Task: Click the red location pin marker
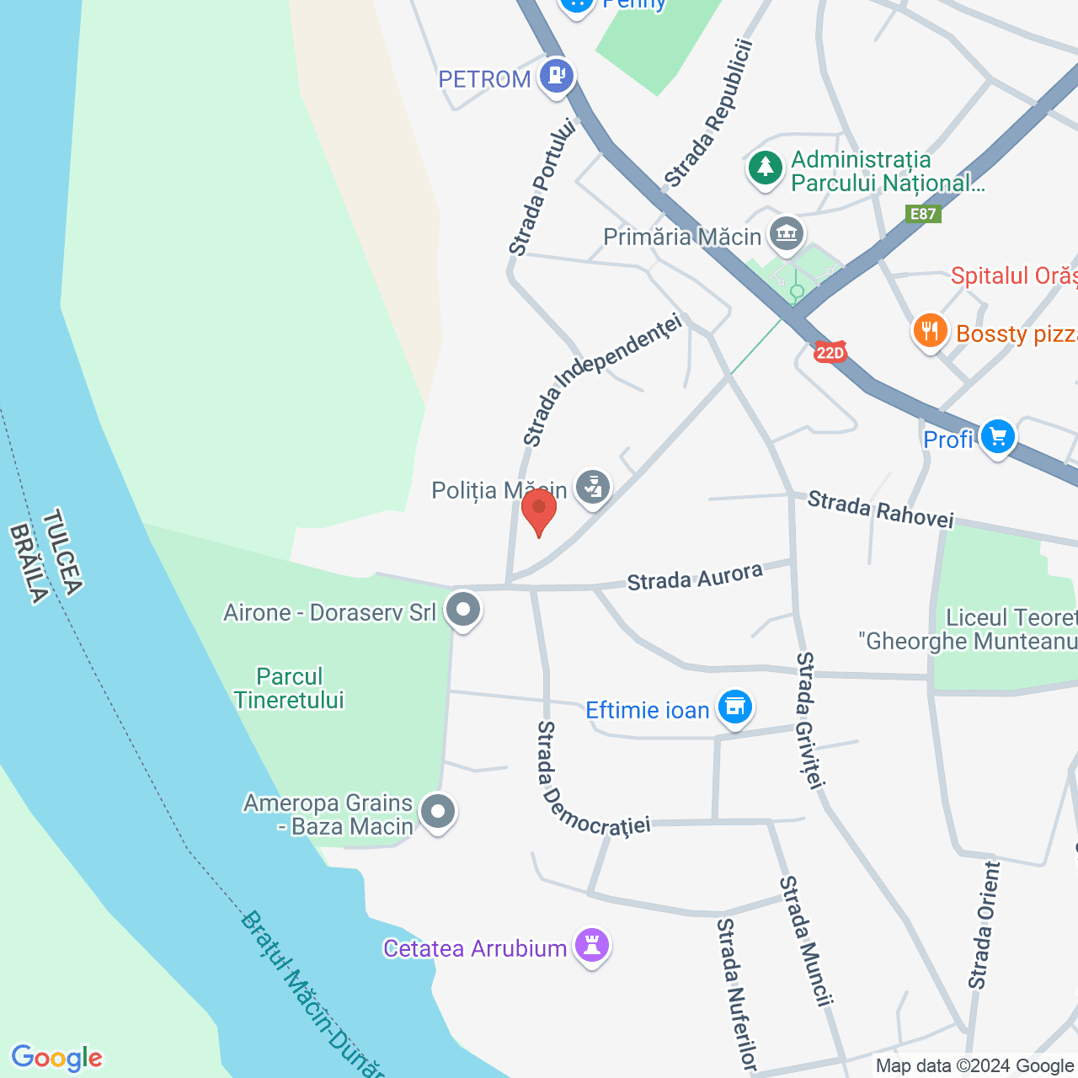[539, 510]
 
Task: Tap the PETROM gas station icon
[556, 76]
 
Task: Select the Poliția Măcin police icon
[593, 488]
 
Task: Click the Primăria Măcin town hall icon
[787, 233]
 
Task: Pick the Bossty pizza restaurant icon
[930, 331]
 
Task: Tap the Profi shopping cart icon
[998, 437]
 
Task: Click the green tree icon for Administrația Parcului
[765, 167]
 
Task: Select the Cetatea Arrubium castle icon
[592, 945]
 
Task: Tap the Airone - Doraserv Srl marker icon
[462, 609]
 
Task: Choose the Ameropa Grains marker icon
[437, 812]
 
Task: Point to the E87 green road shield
[923, 214]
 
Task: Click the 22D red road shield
[830, 352]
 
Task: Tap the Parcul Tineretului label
[290, 688]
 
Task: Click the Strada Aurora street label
[695, 578]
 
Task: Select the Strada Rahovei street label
[880, 510]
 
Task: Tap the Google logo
[57, 1058]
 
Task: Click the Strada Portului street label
[542, 188]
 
